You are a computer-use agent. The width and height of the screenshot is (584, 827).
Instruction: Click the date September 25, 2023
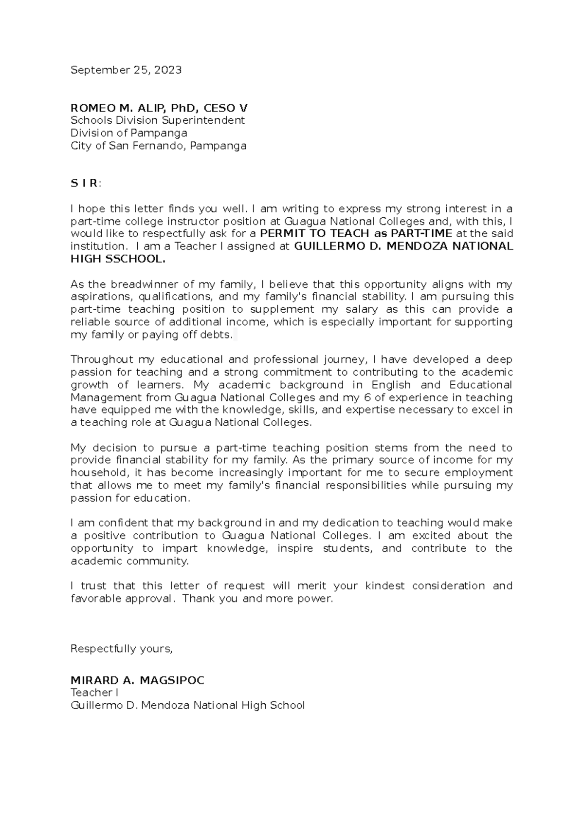[x=126, y=70]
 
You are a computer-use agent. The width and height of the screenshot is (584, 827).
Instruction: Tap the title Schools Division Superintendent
[x=158, y=120]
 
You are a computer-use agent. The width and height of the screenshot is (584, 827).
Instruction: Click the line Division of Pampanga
[x=128, y=133]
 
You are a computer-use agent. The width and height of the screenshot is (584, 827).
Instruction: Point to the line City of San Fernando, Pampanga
[x=158, y=146]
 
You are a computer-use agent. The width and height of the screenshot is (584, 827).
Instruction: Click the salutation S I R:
[x=86, y=184]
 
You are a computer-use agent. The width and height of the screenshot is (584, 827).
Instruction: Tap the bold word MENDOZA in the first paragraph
[x=417, y=246]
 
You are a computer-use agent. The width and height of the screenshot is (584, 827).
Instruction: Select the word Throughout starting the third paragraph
[x=102, y=360]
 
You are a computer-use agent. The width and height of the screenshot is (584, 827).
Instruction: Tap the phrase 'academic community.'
[x=129, y=561]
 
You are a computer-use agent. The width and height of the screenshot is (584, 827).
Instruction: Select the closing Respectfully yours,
[x=122, y=649]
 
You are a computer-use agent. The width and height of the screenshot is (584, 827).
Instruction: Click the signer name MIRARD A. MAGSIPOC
[x=137, y=680]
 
